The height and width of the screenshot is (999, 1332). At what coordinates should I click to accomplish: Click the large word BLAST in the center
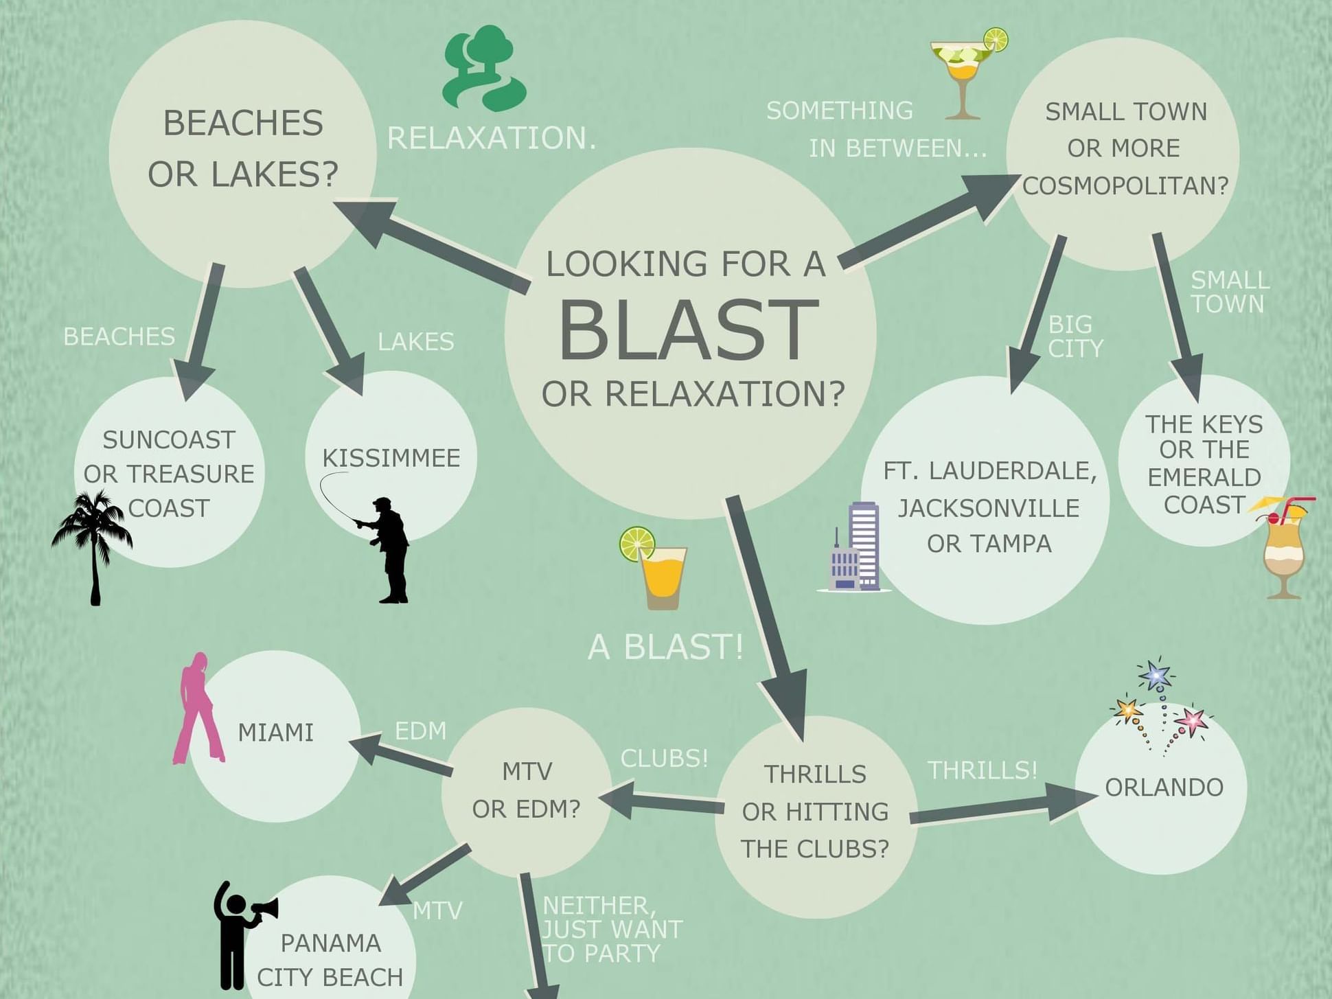(689, 330)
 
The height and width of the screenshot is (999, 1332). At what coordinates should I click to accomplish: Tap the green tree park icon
(484, 69)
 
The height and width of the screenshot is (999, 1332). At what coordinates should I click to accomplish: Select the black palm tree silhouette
(93, 542)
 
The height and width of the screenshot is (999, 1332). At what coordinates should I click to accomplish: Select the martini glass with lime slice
(965, 72)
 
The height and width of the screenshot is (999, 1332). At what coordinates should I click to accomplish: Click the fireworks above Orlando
(1160, 707)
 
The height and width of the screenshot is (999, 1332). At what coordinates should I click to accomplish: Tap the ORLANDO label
(1164, 788)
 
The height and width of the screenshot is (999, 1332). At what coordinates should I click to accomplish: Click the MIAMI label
(275, 733)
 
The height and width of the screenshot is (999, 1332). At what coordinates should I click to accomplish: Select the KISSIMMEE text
(391, 458)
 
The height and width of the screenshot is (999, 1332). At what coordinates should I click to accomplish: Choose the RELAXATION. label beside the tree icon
(492, 139)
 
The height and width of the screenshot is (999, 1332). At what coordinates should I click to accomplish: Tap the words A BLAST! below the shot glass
(665, 647)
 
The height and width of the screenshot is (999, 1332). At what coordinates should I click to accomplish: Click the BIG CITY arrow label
(1075, 336)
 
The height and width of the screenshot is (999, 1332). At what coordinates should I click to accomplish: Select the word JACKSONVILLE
(989, 508)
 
